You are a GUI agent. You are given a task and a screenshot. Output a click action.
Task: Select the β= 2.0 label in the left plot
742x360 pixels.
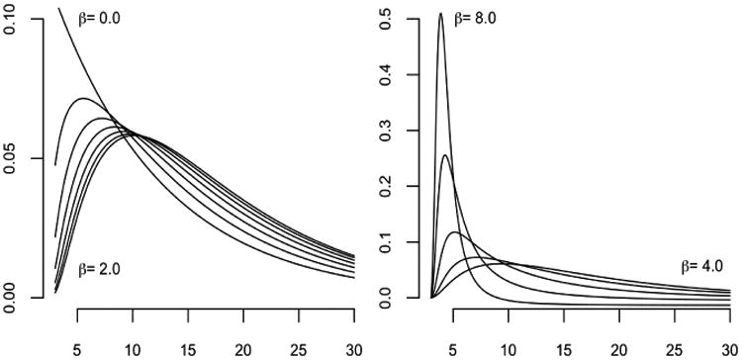pos(103,269)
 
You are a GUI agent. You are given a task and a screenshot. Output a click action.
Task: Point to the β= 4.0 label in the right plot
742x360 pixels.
pos(704,266)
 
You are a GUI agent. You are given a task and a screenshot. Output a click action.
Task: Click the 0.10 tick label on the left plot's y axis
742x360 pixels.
pos(12,20)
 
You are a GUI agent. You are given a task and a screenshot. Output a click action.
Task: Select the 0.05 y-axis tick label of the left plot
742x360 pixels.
pos(12,158)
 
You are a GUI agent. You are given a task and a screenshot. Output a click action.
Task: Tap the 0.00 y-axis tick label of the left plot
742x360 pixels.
pos(12,297)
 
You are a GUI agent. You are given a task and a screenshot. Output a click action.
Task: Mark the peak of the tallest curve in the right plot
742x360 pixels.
pos(440,14)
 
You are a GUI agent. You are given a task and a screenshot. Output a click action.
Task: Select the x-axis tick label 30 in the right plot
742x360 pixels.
pos(729,348)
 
